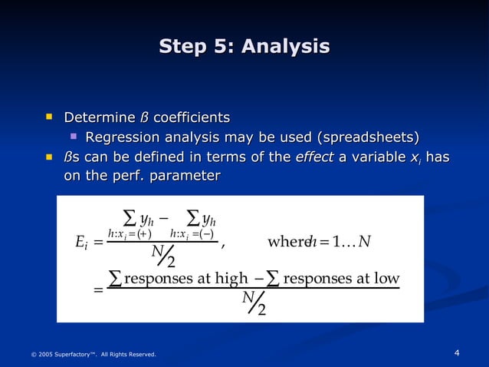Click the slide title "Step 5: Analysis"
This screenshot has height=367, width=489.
(x=244, y=47)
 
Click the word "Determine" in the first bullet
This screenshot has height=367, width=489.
(x=99, y=117)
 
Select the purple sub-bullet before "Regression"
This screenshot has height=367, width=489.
(x=74, y=137)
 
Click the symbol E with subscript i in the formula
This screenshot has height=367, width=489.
(x=82, y=243)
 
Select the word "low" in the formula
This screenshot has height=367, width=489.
(x=387, y=277)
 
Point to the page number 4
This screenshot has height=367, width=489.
(x=457, y=353)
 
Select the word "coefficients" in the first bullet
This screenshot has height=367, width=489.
(x=192, y=117)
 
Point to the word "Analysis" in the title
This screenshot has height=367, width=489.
(x=285, y=47)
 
